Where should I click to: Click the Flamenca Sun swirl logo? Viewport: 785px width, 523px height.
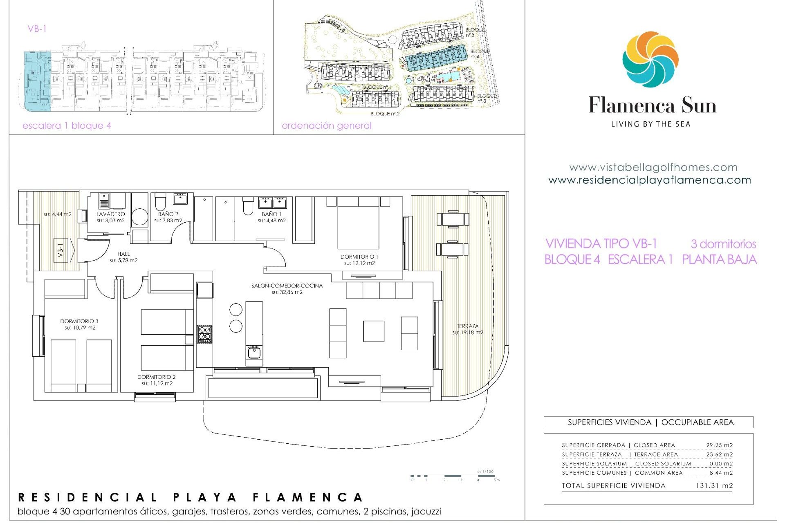click(x=650, y=60)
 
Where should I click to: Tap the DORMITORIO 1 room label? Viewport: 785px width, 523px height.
click(x=359, y=257)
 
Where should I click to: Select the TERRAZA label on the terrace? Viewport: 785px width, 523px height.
click(x=468, y=326)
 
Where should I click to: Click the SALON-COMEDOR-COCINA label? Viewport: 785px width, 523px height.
click(x=287, y=286)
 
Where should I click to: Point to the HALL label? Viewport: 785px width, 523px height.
click(x=123, y=254)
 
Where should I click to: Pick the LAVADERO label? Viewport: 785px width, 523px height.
click(x=110, y=214)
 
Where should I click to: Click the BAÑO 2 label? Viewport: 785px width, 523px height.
click(x=168, y=214)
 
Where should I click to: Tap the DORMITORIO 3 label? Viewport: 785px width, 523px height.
click(x=79, y=321)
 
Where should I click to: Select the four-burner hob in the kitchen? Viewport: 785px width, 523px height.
click(x=204, y=334)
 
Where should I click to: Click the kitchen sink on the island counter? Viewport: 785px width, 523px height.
click(x=254, y=351)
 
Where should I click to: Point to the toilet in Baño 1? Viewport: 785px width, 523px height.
click(x=248, y=206)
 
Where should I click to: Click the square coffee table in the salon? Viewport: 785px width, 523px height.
click(x=374, y=331)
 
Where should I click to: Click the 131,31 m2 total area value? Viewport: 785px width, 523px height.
click(x=714, y=485)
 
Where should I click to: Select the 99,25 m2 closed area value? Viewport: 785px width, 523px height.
click(x=719, y=445)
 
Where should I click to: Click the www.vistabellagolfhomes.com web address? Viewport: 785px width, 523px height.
click(x=653, y=167)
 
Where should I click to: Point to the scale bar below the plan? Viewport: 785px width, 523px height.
click(x=454, y=476)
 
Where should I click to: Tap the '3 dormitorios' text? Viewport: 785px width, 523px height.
click(x=723, y=244)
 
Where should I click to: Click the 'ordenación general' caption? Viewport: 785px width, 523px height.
click(x=327, y=125)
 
